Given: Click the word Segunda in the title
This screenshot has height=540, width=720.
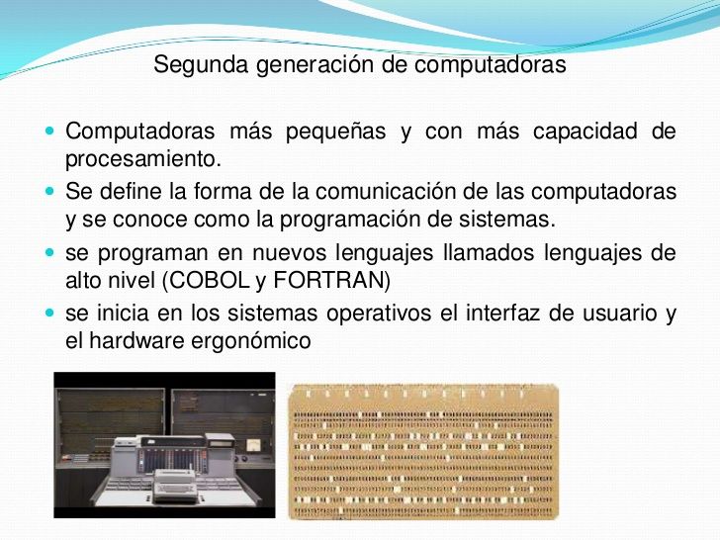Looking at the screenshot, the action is pos(201,64).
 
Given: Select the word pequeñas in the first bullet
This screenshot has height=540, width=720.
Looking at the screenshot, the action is pos(335,132).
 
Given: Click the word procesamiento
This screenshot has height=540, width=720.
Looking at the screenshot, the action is pos(143,159).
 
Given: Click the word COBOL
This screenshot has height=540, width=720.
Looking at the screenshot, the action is pos(210,280).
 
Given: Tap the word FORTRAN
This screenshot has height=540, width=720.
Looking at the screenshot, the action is pos(328,280).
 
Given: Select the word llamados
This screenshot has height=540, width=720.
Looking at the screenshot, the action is pos(489,252).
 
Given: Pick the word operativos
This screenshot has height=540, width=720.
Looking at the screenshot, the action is pos(379,315).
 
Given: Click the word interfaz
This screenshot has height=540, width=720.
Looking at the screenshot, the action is pos(502,314).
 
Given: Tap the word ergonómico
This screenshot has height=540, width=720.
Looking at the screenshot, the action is pos(251,341).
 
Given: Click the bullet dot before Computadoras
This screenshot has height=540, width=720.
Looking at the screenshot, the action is pos(50,131).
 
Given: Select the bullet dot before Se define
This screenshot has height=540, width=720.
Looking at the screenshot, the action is pos(50,191).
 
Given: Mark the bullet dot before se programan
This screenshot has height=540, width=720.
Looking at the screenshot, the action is pos(50,252).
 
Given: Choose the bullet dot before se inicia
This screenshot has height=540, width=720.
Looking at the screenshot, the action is pos(50,314).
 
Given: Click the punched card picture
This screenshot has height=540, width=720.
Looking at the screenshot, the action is pos(423,452).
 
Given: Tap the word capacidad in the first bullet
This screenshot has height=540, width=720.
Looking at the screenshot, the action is pos(585,132).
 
